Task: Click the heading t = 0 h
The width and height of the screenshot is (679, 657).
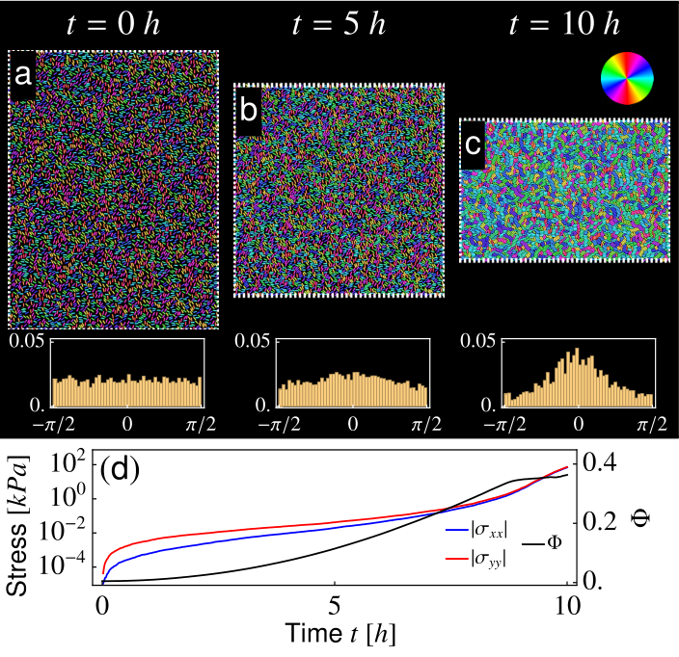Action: point(114,24)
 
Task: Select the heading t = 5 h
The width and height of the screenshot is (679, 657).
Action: point(339,24)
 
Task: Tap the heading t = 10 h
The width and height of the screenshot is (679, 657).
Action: point(564,24)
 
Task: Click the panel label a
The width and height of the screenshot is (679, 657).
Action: point(23,74)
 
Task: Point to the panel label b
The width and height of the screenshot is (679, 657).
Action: point(248,110)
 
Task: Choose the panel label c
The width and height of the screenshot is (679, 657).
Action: point(473,145)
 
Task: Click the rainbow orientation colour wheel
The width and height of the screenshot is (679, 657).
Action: point(627,78)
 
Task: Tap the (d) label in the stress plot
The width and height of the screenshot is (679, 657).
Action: point(120,468)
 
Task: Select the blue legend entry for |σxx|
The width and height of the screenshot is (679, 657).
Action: point(476,530)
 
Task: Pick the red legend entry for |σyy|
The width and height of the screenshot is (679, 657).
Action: point(476,560)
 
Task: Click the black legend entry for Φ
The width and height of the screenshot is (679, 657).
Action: point(542,542)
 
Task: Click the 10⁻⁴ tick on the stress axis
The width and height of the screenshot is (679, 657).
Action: point(63,565)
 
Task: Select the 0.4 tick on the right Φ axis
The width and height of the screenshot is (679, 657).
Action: point(600,463)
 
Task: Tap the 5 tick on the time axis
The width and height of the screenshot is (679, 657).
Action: point(335,606)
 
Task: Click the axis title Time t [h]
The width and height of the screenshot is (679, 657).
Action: point(340,634)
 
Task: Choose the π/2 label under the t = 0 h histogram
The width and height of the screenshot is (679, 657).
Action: point(201,425)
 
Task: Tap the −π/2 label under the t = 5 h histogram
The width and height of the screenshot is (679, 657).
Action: point(280,425)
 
